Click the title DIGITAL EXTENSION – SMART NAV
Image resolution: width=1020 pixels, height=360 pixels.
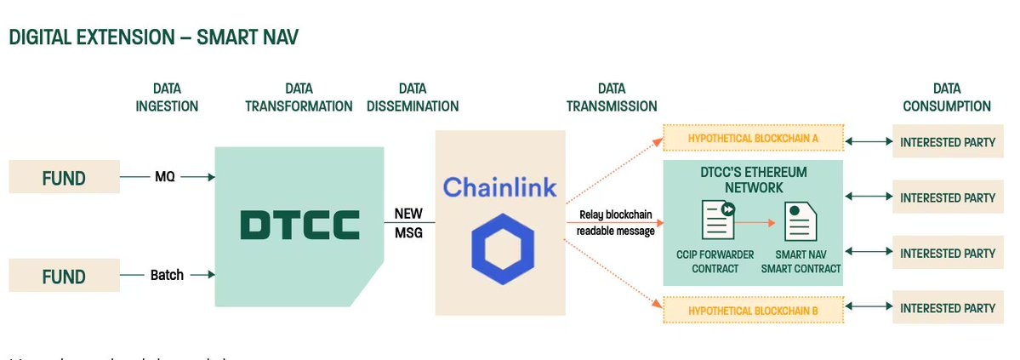(x=153, y=37)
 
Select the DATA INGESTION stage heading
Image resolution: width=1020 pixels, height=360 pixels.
(x=167, y=97)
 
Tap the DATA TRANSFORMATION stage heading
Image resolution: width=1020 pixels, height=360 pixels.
(x=299, y=97)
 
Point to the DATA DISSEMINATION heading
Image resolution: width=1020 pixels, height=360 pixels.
(x=413, y=97)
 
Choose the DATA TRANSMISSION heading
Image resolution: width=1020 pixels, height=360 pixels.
(x=610, y=97)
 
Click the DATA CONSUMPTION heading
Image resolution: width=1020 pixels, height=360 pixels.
(x=946, y=97)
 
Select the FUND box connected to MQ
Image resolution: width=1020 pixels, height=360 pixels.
(x=64, y=178)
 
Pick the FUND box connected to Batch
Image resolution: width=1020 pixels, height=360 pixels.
(x=64, y=277)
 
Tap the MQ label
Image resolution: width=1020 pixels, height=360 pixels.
(x=165, y=177)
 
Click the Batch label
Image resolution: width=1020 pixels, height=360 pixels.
(x=167, y=275)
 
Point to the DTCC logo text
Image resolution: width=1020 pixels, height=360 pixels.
(x=299, y=225)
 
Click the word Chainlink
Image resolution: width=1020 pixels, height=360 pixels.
(x=499, y=186)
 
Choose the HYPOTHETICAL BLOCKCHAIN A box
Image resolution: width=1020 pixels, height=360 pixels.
(x=752, y=139)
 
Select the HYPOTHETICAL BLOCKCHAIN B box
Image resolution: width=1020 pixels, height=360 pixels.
(x=752, y=311)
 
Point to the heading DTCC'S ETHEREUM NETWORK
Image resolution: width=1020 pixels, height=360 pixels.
(x=753, y=180)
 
